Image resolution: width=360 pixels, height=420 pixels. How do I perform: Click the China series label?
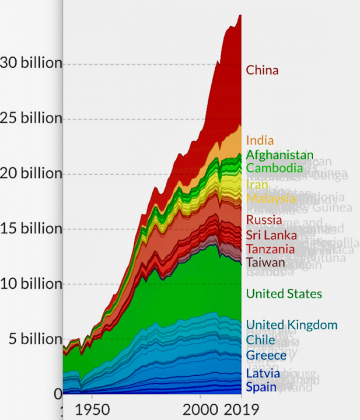(x=262, y=70)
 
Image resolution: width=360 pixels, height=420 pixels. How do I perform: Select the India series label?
(x=260, y=140)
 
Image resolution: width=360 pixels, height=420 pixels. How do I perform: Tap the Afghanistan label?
(x=279, y=155)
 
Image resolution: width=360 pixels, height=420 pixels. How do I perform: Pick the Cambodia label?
(x=274, y=168)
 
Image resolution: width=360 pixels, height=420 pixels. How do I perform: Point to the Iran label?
(x=257, y=184)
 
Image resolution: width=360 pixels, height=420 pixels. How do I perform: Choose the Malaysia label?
(x=271, y=198)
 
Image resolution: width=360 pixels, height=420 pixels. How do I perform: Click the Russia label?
(x=264, y=220)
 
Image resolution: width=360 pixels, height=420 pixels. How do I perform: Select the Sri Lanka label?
(x=271, y=235)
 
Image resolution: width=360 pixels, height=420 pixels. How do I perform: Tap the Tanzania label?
(x=270, y=249)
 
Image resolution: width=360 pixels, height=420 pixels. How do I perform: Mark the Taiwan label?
(x=265, y=262)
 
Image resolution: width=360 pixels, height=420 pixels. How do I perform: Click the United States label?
(x=284, y=293)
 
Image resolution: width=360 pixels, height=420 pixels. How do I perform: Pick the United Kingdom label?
(x=292, y=325)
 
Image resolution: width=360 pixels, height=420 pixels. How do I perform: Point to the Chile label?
(x=260, y=340)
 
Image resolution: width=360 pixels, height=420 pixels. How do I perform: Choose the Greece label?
(x=266, y=356)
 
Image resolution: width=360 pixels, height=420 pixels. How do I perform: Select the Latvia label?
(x=263, y=373)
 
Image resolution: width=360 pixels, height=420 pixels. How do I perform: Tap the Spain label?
(x=261, y=387)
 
